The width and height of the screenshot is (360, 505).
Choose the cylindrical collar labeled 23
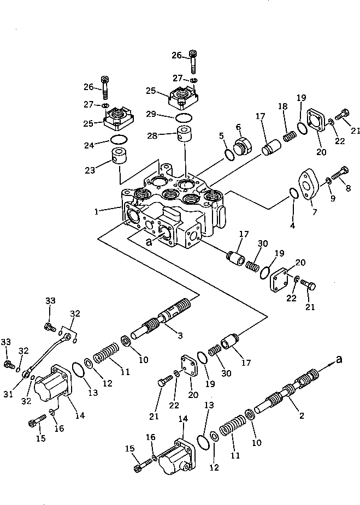click(120, 158)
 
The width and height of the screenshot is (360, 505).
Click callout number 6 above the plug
click(238, 127)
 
